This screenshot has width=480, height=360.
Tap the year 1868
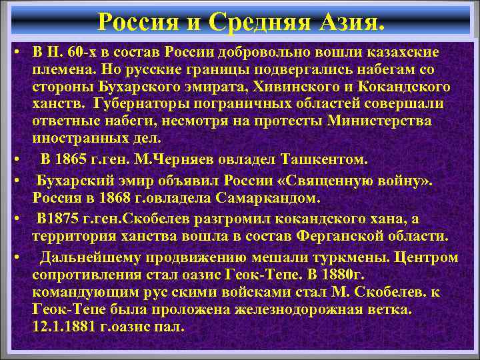coord(111,199)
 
